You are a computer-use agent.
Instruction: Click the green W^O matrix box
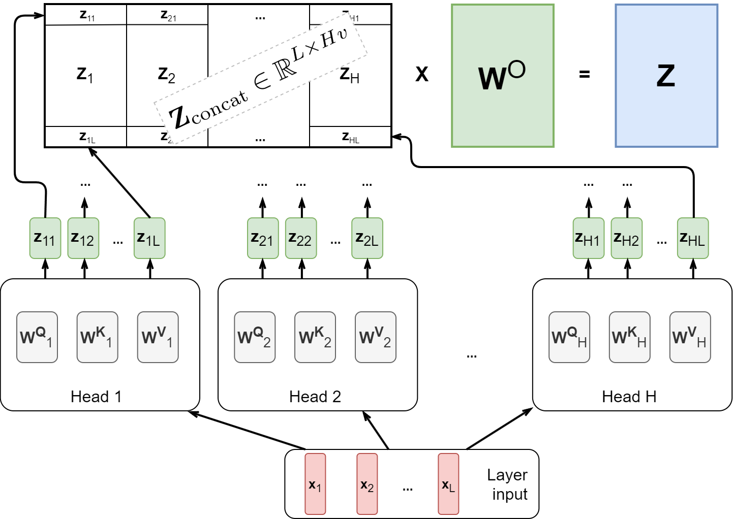coord(502,76)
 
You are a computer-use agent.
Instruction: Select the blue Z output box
coord(666,76)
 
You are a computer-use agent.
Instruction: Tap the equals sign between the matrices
coord(585,75)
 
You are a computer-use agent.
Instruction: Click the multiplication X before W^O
coord(421,75)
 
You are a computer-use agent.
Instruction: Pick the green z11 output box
coord(45,238)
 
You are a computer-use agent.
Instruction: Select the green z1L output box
coord(149,238)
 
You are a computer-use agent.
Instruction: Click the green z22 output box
coord(301,238)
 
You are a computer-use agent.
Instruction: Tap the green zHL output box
coord(692,238)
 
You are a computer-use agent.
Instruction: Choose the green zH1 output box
coord(588,238)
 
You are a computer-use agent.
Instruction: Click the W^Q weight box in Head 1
coord(37,337)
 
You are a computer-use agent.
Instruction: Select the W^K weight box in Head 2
coord(315,337)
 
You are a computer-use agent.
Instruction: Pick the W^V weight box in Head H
coord(690,337)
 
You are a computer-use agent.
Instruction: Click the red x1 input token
coord(315,484)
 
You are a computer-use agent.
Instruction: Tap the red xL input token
coord(448,484)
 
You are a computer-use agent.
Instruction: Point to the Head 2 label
coord(315,397)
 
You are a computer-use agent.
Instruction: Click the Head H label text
coord(629,397)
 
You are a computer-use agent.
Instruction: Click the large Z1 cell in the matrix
coord(85,75)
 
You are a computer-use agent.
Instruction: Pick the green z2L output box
coord(367,238)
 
